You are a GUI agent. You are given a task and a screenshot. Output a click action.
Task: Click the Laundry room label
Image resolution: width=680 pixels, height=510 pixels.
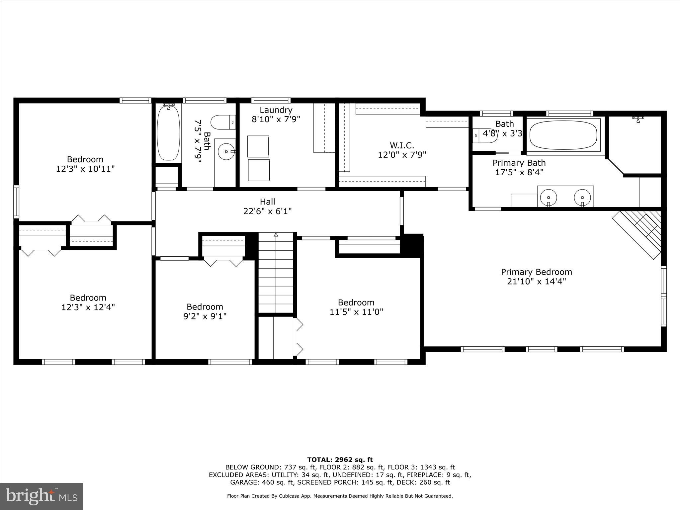pos(276,110)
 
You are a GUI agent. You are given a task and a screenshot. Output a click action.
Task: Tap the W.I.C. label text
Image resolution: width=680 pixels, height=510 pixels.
pos(402,145)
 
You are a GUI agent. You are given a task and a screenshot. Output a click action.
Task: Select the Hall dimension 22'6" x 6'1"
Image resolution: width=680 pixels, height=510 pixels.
pos(267,211)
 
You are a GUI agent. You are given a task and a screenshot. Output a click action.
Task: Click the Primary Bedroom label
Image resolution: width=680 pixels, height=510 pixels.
pos(536,272)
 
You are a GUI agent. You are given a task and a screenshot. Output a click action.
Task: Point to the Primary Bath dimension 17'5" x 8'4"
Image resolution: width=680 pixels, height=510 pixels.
pos(519,172)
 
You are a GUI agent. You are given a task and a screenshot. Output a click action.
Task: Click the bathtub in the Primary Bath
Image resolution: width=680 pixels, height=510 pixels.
pos(563,135)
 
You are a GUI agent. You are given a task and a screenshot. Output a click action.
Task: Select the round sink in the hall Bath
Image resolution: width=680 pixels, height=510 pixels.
pos(226,152)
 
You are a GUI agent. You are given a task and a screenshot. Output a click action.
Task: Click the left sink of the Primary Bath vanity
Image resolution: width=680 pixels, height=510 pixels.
pos(549,197)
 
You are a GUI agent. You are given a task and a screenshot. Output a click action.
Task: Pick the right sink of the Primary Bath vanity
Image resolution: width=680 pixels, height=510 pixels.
pos(582,197)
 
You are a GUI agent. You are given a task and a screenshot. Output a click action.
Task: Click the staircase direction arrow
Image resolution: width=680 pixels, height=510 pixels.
pos(276,235)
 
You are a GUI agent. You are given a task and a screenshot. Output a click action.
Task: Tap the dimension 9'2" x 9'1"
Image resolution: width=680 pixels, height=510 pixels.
pos(205,316)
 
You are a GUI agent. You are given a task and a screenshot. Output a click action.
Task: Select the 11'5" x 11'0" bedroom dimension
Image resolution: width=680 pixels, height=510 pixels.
pos(356,312)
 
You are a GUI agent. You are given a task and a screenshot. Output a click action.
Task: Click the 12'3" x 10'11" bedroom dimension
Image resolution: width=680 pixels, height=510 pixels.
pos(85,169)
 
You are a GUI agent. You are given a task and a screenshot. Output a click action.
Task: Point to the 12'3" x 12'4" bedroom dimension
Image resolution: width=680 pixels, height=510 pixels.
pos(88,307)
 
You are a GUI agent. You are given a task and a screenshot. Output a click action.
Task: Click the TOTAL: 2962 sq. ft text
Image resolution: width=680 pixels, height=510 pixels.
pos(340,460)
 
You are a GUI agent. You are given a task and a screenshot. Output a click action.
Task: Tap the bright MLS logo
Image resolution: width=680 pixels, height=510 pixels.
pos(42,496)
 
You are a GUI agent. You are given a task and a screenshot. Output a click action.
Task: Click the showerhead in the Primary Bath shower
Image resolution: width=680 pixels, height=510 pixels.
pos(638,119)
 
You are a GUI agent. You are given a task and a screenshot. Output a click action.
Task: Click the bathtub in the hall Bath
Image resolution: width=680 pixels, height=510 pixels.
pos(169,133)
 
